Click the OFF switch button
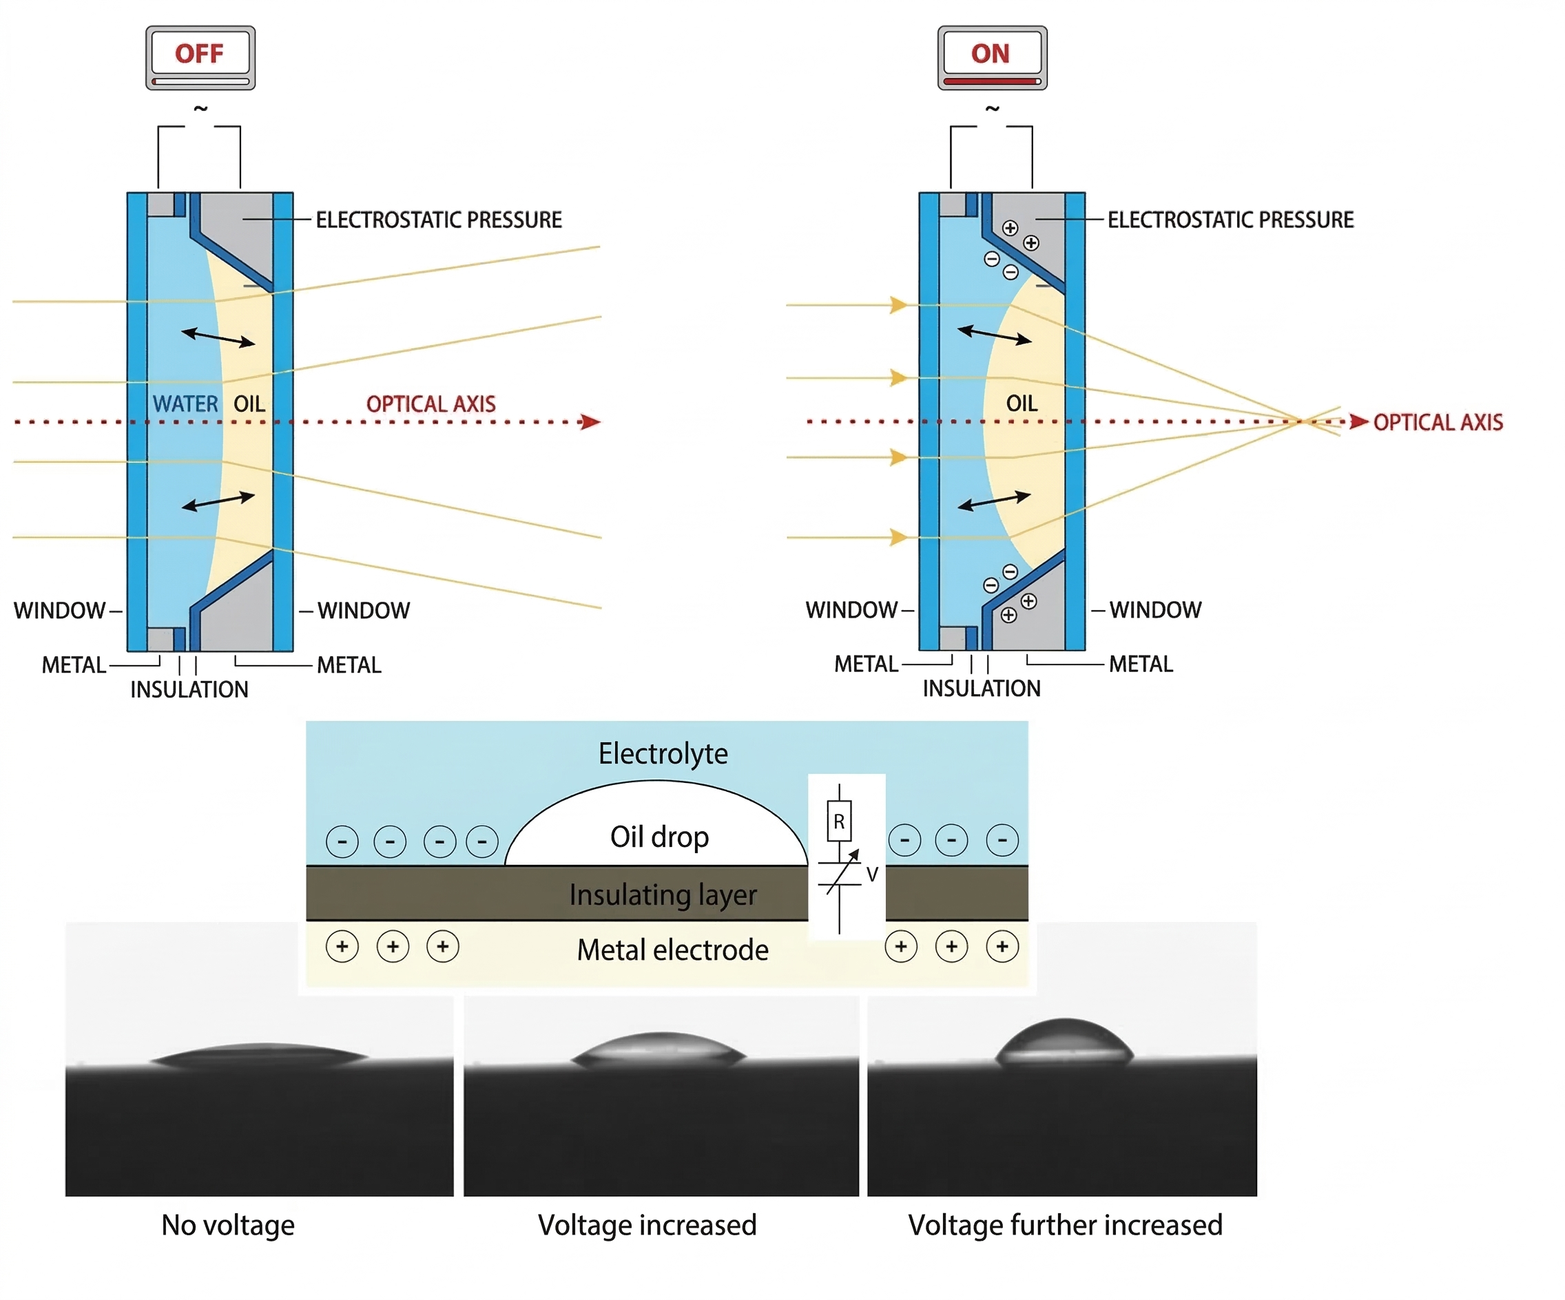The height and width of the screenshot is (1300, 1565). click(200, 58)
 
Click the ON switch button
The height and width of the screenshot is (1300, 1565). click(992, 58)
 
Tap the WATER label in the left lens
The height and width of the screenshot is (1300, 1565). click(185, 403)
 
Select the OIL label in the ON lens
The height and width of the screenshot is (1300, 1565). click(1022, 403)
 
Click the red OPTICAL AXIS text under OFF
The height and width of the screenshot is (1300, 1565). click(431, 403)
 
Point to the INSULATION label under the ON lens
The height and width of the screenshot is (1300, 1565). click(982, 689)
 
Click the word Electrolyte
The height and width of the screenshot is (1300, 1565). click(663, 753)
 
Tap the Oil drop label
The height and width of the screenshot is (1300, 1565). click(659, 837)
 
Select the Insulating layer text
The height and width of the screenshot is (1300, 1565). click(663, 894)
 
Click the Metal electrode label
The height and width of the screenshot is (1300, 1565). click(673, 950)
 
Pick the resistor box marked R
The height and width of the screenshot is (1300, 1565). click(839, 821)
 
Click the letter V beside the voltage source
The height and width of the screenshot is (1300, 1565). click(872, 874)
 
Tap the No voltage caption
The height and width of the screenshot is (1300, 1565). click(228, 1225)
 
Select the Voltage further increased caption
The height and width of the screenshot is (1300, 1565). click(1065, 1225)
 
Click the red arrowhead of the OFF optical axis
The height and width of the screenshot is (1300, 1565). click(591, 421)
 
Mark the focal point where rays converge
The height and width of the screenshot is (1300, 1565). click(1300, 421)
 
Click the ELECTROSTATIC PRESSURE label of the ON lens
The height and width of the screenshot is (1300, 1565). click(1230, 220)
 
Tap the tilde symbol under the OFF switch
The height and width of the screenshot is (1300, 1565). click(200, 109)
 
